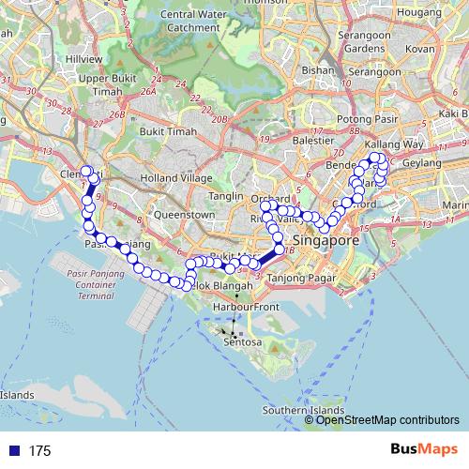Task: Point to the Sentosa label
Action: pos(241,343)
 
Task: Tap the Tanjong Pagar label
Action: pos(294,277)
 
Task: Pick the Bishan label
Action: pos(319,69)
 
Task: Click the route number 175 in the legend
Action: pos(39,451)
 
